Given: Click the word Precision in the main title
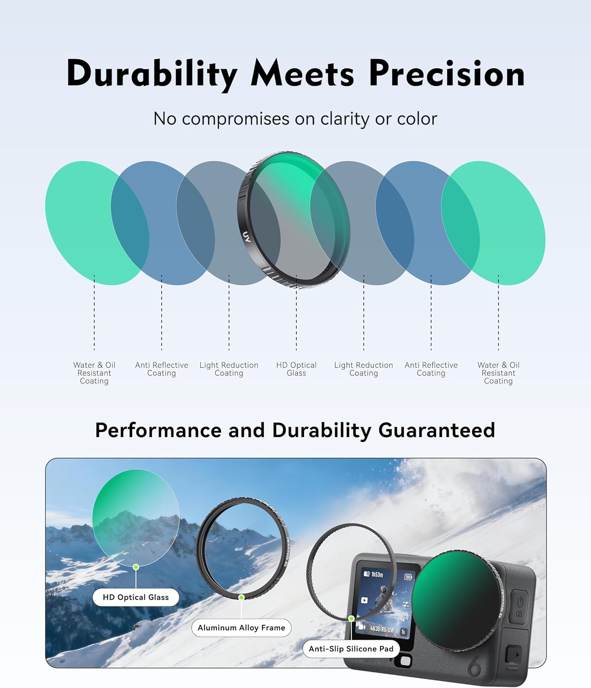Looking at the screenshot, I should (x=447, y=74).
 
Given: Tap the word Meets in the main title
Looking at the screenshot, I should (x=302, y=74).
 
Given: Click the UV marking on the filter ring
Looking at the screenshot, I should (x=246, y=237).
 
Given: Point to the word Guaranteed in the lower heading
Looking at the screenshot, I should (x=436, y=430).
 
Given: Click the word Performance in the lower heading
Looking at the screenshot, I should (x=158, y=430).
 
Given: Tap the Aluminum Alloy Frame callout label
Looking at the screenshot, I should (x=241, y=627).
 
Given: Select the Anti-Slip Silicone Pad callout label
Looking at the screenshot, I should (x=351, y=649).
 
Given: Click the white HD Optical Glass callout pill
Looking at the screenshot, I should (x=136, y=597).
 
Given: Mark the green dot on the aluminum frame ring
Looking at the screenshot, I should (x=241, y=597).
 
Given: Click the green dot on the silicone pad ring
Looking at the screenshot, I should (x=351, y=618).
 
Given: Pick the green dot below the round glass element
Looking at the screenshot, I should (x=136, y=567).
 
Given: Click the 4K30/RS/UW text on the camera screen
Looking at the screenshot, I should (x=381, y=629).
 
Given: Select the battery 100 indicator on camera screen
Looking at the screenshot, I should (x=408, y=577).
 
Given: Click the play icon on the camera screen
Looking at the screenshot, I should (x=364, y=600).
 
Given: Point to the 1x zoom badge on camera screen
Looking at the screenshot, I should (x=403, y=632).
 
